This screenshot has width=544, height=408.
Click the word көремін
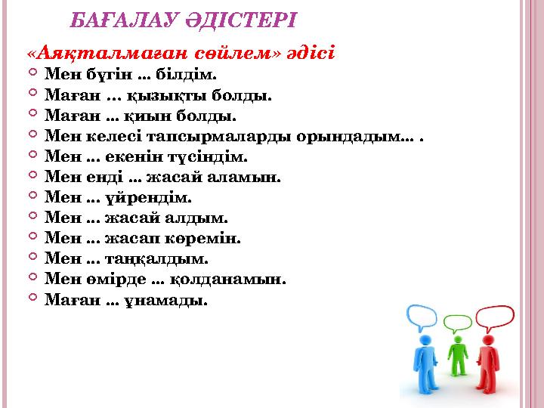tap(211, 239)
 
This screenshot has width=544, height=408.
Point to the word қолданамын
tap(243, 280)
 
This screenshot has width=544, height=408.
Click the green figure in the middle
tap(457, 355)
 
